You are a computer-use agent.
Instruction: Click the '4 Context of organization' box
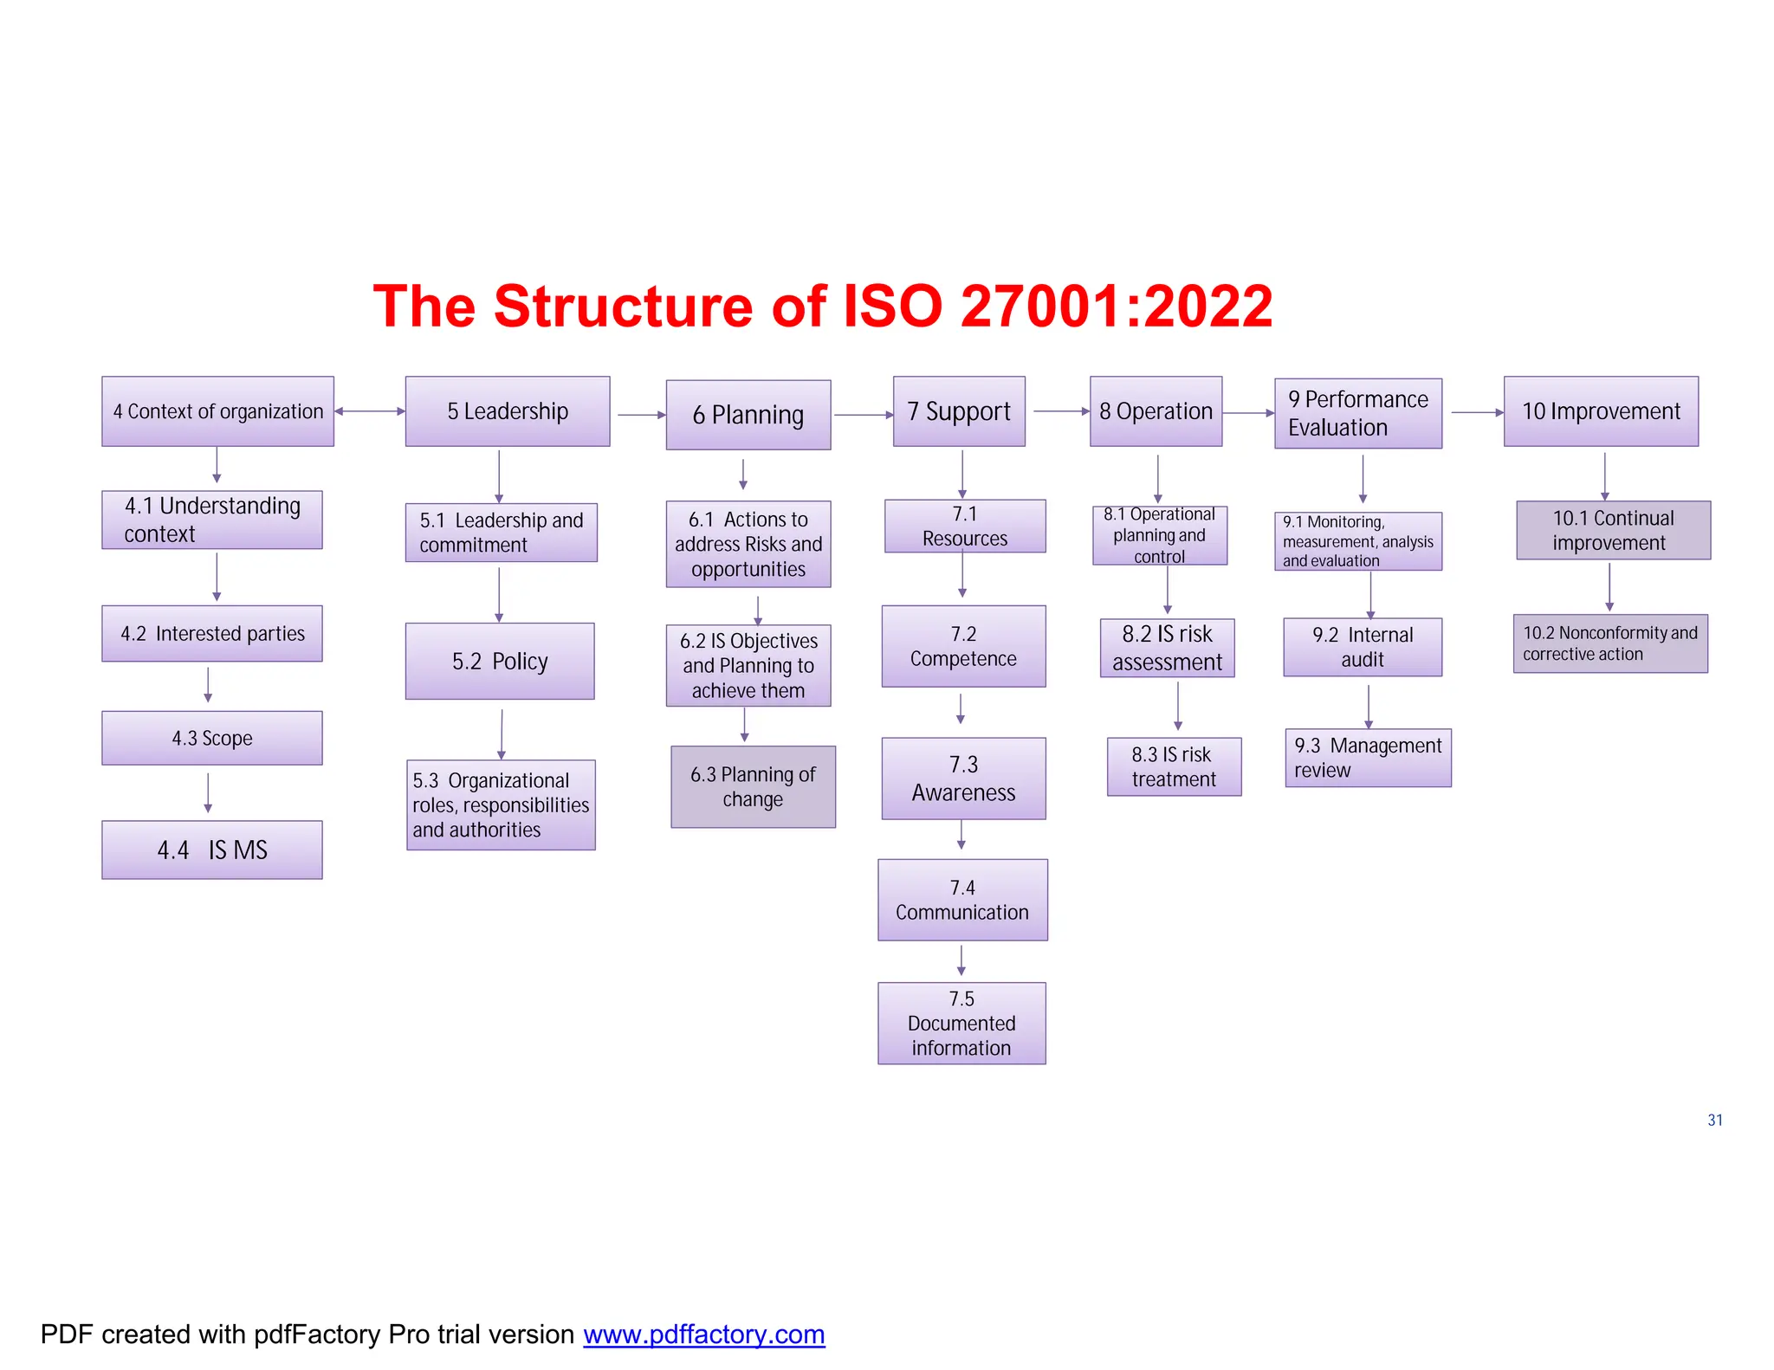tap(217, 411)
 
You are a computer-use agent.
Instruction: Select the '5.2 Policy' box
tap(500, 661)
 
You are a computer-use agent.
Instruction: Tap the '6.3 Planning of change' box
tap(753, 786)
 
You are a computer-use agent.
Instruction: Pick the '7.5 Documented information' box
tap(961, 1023)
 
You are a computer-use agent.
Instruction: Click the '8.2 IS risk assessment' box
tap(1167, 648)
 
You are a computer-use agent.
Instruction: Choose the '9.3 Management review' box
tap(1368, 758)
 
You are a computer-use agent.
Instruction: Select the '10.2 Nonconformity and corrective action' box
tap(1610, 643)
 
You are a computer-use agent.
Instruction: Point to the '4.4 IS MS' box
tap(212, 850)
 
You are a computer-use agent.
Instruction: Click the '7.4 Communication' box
tap(962, 900)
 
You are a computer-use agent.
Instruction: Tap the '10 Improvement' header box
tap(1601, 411)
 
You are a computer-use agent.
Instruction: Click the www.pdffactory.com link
tap(703, 1334)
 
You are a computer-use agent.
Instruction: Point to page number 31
tap(1715, 1120)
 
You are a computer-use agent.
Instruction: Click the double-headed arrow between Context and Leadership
tap(370, 411)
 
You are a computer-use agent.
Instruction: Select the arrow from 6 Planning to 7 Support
tap(863, 415)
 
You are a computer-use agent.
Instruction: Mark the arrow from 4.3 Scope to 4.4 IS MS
tap(208, 792)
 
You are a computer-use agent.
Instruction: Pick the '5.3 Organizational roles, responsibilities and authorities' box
tap(501, 805)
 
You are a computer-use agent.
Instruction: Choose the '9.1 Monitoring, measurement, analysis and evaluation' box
tap(1358, 541)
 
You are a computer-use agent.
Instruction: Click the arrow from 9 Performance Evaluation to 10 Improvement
tap(1477, 412)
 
